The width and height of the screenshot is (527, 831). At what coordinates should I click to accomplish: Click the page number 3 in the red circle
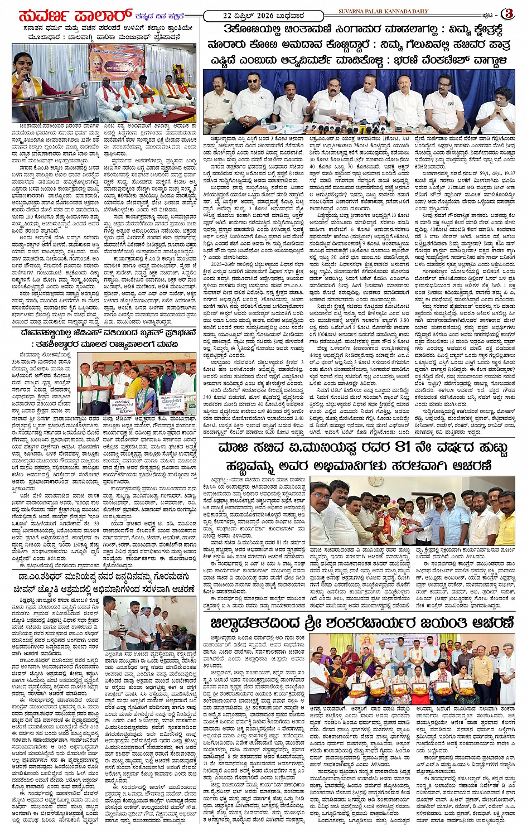pyautogui.click(x=508, y=13)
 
